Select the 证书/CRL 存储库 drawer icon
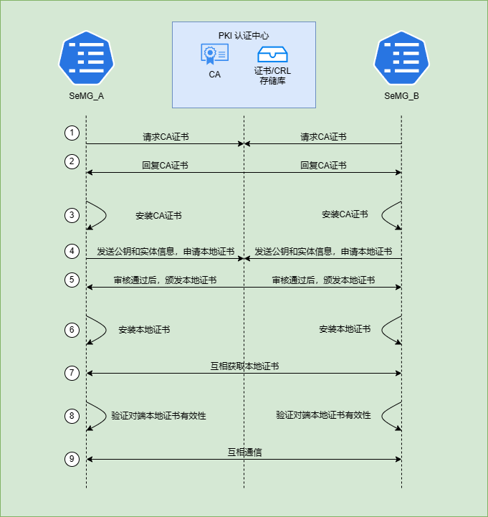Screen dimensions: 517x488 pyautogui.click(x=273, y=54)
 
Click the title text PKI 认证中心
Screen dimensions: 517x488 pyautogui.click(x=244, y=35)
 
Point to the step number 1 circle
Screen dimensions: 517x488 pyautogui.click(x=71, y=133)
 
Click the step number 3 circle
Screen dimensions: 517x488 pyautogui.click(x=71, y=215)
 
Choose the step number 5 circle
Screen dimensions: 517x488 pyautogui.click(x=71, y=280)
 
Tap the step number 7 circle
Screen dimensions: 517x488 pyautogui.click(x=71, y=373)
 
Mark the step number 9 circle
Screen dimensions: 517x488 pyautogui.click(x=71, y=459)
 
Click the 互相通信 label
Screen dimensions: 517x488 pyautogui.click(x=244, y=452)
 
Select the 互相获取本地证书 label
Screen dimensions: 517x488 pyautogui.click(x=244, y=366)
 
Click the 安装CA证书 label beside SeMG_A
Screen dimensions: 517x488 pyautogui.click(x=158, y=215)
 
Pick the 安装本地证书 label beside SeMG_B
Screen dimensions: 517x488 pyautogui.click(x=345, y=329)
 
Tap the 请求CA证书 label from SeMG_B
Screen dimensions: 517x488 pyautogui.click(x=323, y=136)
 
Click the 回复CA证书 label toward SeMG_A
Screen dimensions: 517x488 pyautogui.click(x=166, y=165)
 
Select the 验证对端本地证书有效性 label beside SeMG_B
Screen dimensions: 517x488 pyautogui.click(x=323, y=414)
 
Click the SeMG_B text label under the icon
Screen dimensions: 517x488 pyautogui.click(x=401, y=96)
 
